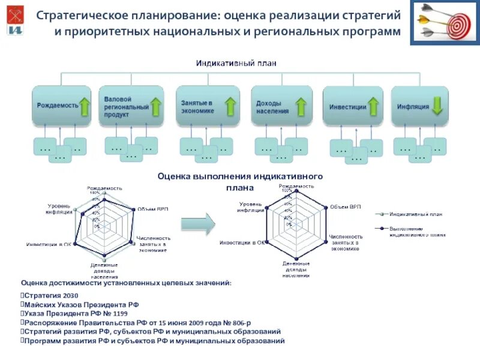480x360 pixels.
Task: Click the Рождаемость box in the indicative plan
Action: pyautogui.click(x=57, y=106)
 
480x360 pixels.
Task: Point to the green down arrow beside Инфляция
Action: pyautogui.click(x=437, y=106)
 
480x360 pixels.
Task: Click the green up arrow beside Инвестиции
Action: pyautogui.click(x=373, y=107)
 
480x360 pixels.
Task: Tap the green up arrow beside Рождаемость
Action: pyautogui.click(x=85, y=106)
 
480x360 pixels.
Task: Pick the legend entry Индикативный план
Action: pyautogui.click(x=416, y=213)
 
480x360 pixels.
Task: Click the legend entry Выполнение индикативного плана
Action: pyautogui.click(x=417, y=232)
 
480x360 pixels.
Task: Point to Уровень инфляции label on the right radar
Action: pyautogui.click(x=250, y=207)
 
